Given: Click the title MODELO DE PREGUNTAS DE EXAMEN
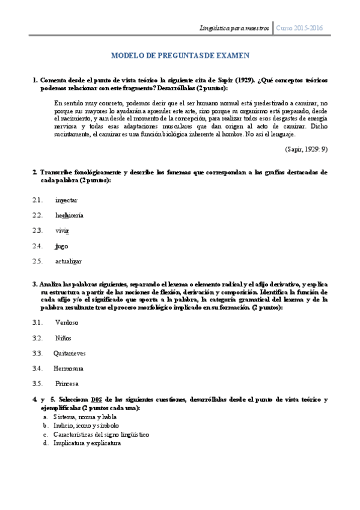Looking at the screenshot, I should click(180, 56).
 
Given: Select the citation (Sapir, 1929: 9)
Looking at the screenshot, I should click(307, 149).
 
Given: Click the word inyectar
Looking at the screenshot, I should click(66, 200).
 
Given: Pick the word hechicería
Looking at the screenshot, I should click(69, 215).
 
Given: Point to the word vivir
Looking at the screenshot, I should click(63, 230).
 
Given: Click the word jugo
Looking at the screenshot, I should click(61, 246).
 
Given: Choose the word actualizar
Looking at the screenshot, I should click(69, 261).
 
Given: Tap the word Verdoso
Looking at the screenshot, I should click(67, 322).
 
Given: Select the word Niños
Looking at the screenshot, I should click(65, 337).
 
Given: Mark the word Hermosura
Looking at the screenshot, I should click(69, 368).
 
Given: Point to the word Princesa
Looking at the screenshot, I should click(67, 384).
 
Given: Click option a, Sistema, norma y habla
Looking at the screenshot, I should click(85, 416).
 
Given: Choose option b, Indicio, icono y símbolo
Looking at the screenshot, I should click(86, 425).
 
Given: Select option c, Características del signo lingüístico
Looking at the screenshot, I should click(101, 434).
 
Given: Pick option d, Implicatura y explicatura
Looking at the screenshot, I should click(87, 443).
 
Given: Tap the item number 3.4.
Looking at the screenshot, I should click(38, 368).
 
